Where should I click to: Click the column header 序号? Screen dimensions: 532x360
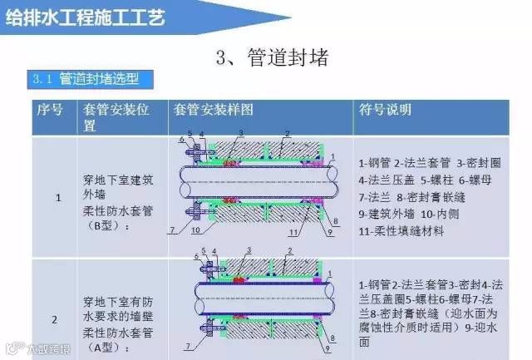point(49,109)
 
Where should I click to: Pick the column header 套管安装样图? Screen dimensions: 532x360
point(211,109)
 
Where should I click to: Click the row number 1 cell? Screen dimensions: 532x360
point(57,198)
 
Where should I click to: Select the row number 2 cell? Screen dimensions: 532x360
point(55,318)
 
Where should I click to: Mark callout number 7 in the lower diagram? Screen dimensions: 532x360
point(189,345)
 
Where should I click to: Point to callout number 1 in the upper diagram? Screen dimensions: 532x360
point(332,156)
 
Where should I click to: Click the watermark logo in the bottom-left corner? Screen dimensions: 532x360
point(15,349)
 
